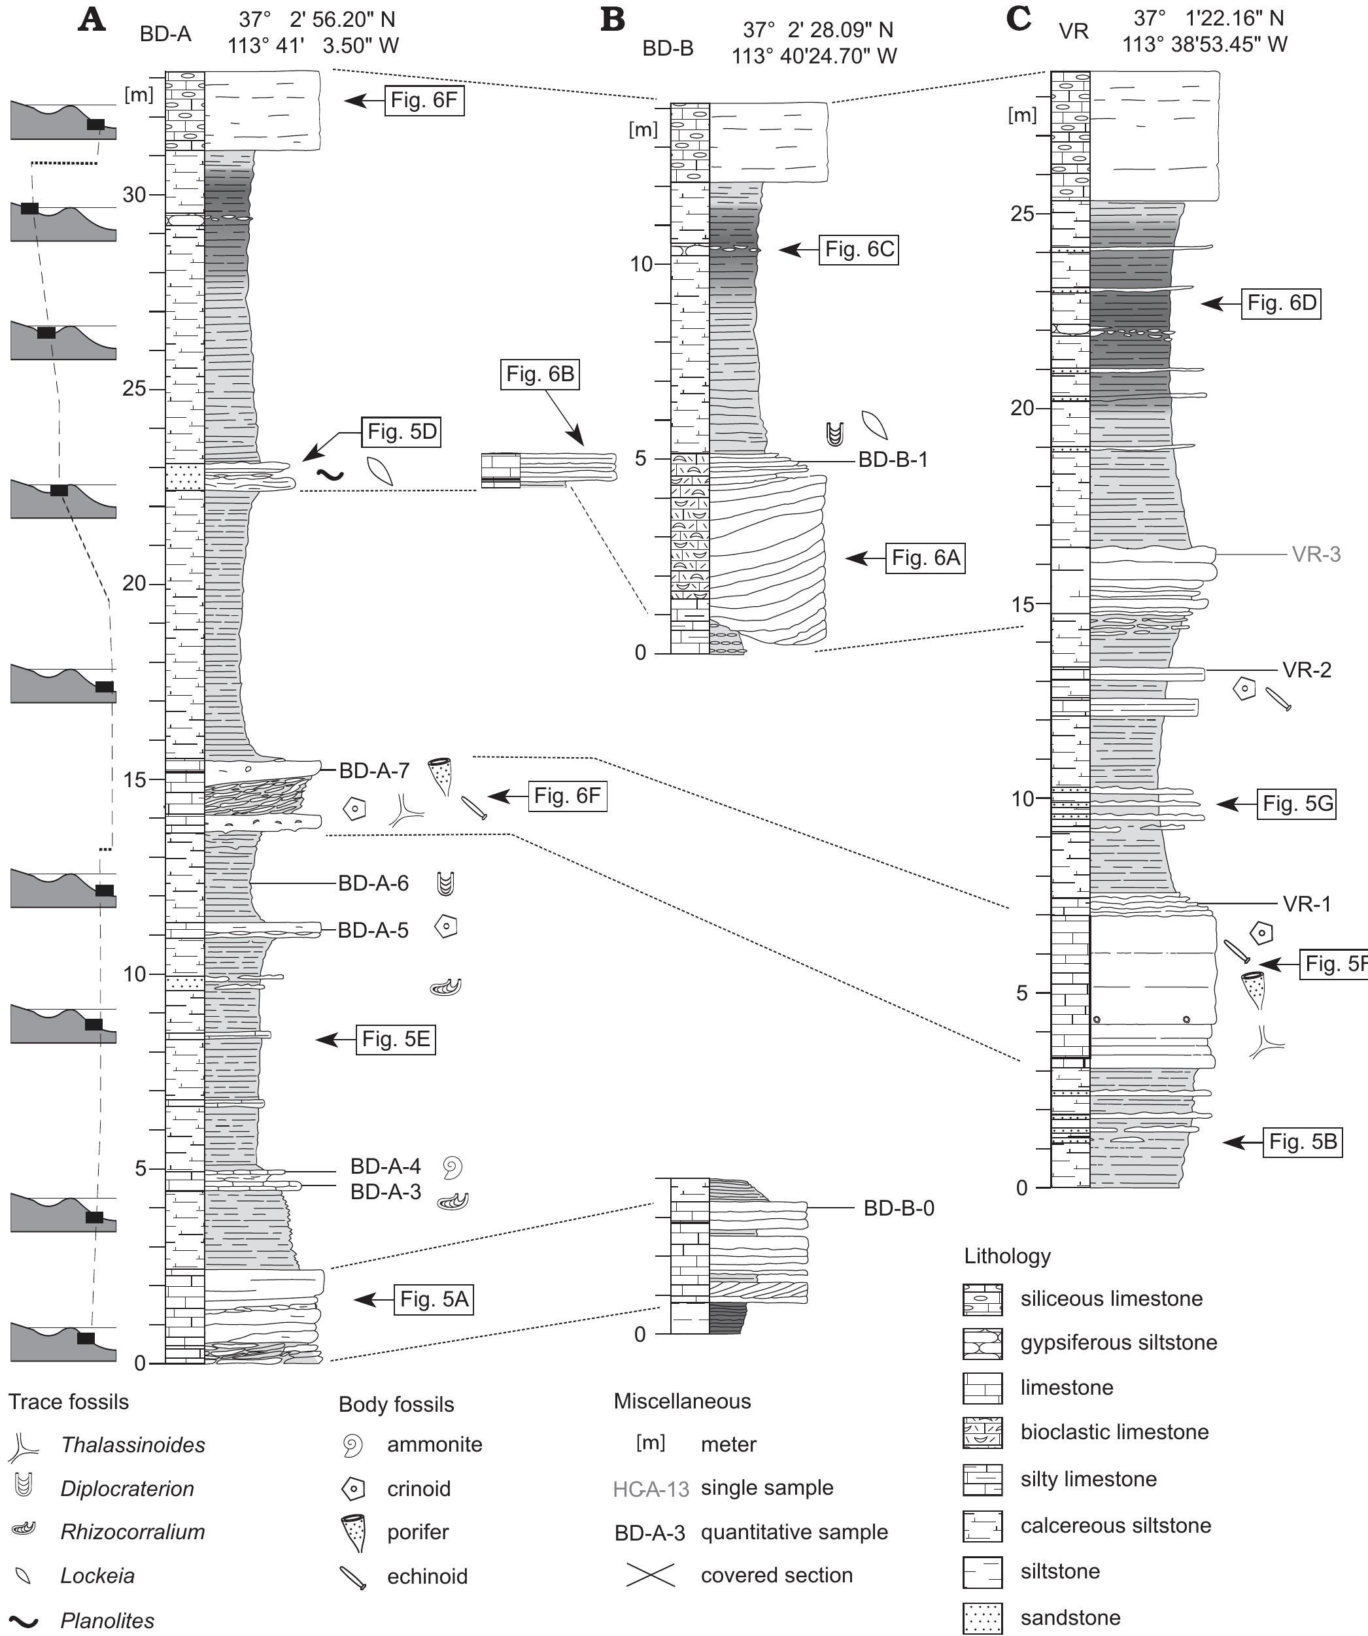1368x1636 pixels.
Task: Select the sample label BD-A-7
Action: (374, 772)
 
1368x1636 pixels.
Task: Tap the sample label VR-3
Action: (1316, 554)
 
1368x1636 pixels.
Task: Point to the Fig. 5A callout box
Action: (434, 1299)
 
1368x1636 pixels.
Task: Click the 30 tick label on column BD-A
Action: (134, 195)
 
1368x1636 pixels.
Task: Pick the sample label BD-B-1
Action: (893, 460)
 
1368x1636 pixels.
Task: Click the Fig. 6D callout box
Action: (1282, 303)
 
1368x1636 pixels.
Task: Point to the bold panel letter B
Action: (613, 20)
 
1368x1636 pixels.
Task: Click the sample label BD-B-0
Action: (899, 1208)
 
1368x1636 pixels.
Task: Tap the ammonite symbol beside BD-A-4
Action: (452, 1167)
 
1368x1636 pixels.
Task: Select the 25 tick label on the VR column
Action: (1022, 213)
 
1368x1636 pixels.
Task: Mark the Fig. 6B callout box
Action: (540, 375)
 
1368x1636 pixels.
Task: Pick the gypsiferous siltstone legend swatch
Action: (982, 1343)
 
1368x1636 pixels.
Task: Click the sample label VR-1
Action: (1307, 904)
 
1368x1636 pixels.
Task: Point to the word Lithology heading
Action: (1007, 1256)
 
